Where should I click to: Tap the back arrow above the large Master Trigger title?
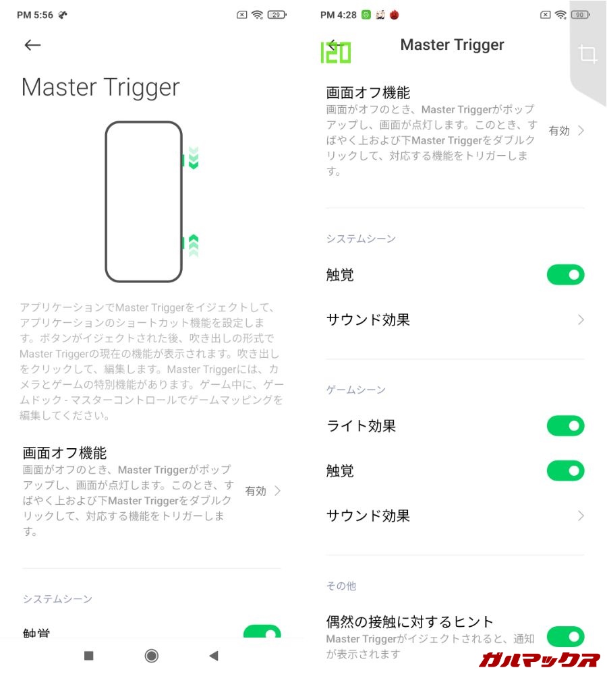32,44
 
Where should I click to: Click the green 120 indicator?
336,53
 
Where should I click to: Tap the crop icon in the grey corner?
587,54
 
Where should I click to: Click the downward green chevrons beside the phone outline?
194,158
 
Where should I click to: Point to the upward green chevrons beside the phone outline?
194,245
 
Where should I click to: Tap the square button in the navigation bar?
88,656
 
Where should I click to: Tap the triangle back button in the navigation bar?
214,656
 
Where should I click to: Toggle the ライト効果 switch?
565,425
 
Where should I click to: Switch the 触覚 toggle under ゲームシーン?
565,470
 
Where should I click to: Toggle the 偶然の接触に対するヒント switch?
565,637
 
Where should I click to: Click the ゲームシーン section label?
355,390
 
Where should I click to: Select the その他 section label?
341,586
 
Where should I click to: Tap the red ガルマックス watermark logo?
540,659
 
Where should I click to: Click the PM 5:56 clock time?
35,15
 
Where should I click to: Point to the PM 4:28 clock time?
338,15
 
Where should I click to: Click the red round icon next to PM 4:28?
394,15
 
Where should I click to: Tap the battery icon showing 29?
277,15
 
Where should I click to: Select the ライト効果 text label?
361,425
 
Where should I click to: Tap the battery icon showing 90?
580,15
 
